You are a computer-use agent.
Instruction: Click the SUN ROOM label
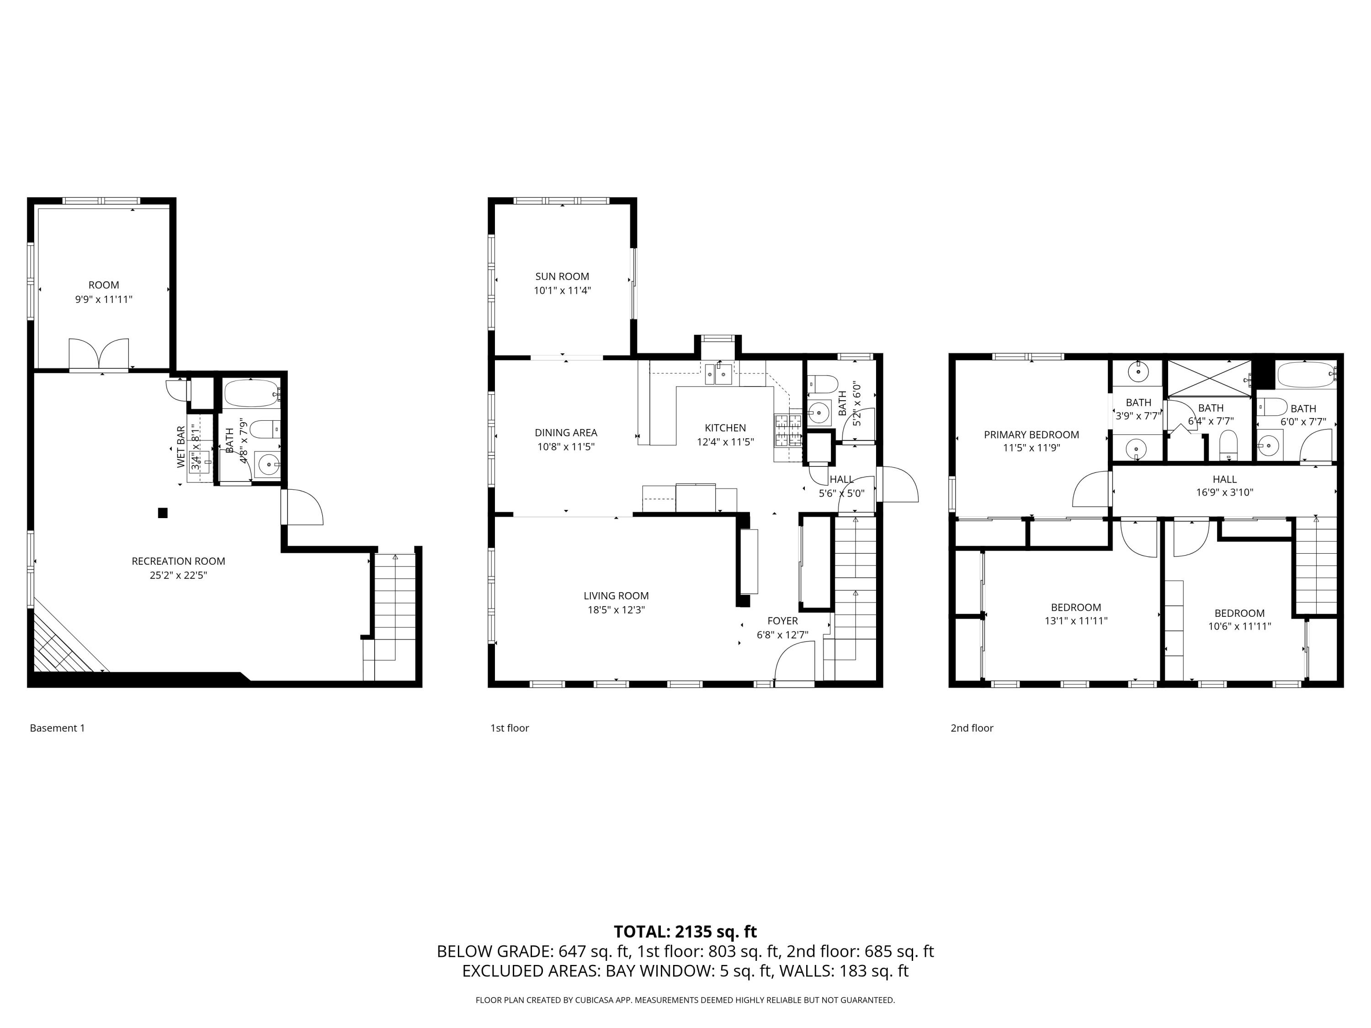562,276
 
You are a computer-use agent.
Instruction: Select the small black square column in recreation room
163,513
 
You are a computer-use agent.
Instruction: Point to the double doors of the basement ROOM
99,355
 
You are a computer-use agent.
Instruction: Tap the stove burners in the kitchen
787,430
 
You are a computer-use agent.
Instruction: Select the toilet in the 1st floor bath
823,384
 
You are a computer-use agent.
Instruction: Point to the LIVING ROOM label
616,595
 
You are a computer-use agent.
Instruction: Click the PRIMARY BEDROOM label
1031,435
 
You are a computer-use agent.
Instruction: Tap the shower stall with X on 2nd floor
1209,377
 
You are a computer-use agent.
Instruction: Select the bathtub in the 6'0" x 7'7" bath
1305,375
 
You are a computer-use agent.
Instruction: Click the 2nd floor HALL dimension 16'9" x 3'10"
1224,493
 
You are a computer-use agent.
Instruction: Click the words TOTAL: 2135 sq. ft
685,931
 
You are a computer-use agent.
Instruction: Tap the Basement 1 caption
57,728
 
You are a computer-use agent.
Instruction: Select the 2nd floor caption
972,728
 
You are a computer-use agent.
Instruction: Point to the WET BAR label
181,447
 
